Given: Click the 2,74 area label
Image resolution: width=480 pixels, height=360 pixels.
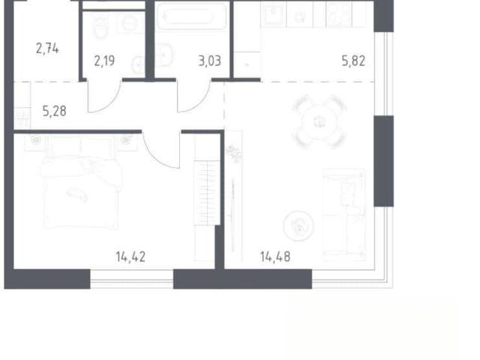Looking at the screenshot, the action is pos(47,49).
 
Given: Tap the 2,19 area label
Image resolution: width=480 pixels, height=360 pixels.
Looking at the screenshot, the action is pos(104,61).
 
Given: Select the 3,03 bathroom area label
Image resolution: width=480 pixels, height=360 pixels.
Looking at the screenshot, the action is pos(210,61).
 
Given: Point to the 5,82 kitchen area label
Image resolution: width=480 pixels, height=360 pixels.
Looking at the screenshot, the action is pos(353,61).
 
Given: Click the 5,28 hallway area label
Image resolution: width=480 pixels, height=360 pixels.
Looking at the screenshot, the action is pos(55,111).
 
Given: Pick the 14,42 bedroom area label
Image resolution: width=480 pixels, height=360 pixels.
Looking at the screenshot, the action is pos(130,256).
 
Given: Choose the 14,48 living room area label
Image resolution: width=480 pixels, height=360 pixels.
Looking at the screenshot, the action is pos(275,256).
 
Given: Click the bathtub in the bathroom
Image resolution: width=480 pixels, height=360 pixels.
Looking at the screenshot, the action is pos(191,16).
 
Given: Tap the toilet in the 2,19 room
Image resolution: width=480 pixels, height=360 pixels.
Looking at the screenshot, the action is pos(100,27).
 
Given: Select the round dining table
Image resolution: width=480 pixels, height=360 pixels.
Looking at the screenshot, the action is pos(319,121).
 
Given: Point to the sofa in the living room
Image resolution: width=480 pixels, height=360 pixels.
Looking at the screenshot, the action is pos(345,214).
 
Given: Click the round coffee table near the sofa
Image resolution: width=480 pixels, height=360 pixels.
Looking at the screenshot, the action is pos(298,226).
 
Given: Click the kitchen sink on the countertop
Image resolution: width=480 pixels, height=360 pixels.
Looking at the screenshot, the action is pos(273,14).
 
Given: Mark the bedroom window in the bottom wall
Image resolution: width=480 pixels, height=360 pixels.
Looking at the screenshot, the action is pos(132,279).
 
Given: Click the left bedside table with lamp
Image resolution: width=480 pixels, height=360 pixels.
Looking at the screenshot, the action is pos(35,142).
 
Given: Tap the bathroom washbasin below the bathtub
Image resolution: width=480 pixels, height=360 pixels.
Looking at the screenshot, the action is pos(163,55).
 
